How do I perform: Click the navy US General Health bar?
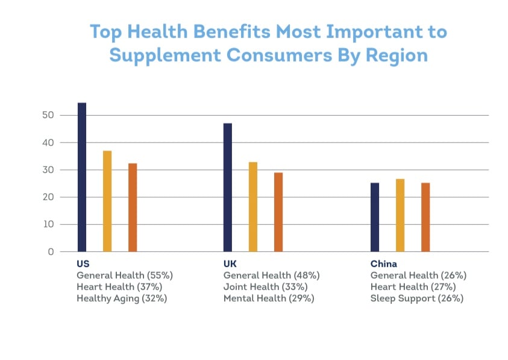click(82, 177)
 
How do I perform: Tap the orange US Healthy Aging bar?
click(133, 207)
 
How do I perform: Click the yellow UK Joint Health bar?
click(253, 206)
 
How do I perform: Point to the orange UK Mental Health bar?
click(278, 212)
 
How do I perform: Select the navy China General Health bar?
click(375, 217)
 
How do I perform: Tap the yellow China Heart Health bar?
click(400, 215)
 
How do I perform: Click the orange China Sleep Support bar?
click(425, 217)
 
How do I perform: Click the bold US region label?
click(83, 264)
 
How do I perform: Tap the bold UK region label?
click(230, 264)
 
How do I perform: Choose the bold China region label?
click(383, 264)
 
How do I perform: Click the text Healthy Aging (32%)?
click(122, 298)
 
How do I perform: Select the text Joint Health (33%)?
click(265, 286)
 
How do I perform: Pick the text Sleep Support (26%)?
click(418, 298)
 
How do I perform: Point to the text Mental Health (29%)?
click(269, 298)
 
